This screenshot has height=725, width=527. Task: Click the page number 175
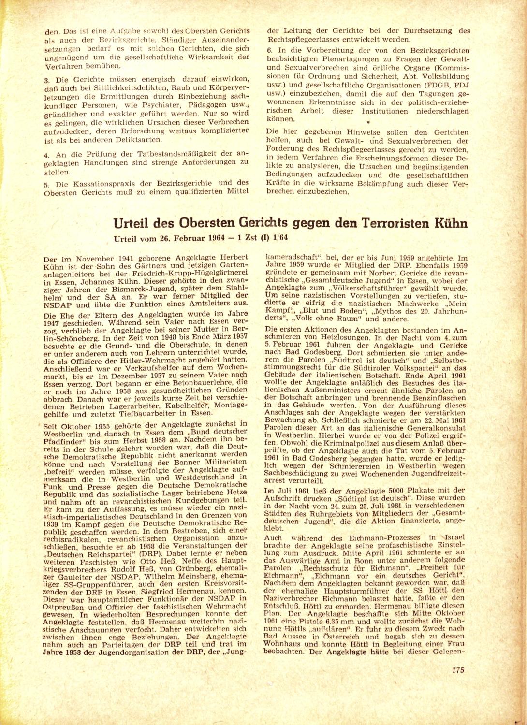pyautogui.click(x=458, y=669)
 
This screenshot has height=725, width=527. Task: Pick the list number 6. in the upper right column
pyautogui.click(x=270, y=51)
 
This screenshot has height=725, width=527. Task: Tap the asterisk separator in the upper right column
pyautogui.click(x=368, y=123)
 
